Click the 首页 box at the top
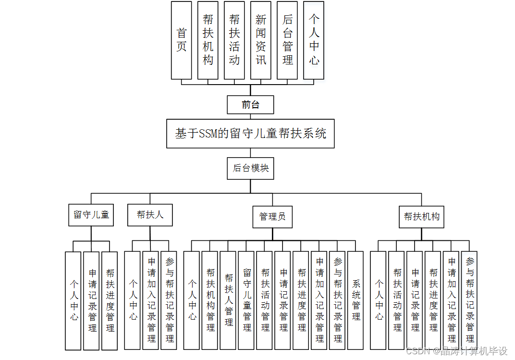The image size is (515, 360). tap(181, 40)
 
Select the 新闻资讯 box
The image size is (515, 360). tap(260, 40)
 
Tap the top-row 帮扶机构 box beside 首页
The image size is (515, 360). tap(208, 40)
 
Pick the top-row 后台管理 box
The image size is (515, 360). tap(287, 40)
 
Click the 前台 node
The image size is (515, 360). tap(250, 104)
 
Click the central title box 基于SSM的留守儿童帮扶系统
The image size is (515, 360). tap(250, 134)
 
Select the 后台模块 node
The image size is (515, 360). tap(250, 168)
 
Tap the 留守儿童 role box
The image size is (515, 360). tap(91, 215)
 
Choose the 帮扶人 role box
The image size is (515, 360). tap(150, 215)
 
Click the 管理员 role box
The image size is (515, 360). tap(272, 217)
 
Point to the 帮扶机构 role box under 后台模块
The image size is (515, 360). tap(421, 217)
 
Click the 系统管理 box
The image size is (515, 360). tap(356, 300)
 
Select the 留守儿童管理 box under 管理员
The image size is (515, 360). tap(246, 300)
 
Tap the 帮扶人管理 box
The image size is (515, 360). tap(228, 300)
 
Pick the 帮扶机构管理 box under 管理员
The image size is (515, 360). tap(210, 300)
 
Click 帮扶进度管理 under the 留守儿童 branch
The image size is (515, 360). tap(110, 300)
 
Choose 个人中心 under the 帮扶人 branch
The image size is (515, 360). tap(132, 300)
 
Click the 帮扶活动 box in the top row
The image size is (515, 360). tap(234, 40)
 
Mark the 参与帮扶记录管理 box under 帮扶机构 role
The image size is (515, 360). tap(469, 300)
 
